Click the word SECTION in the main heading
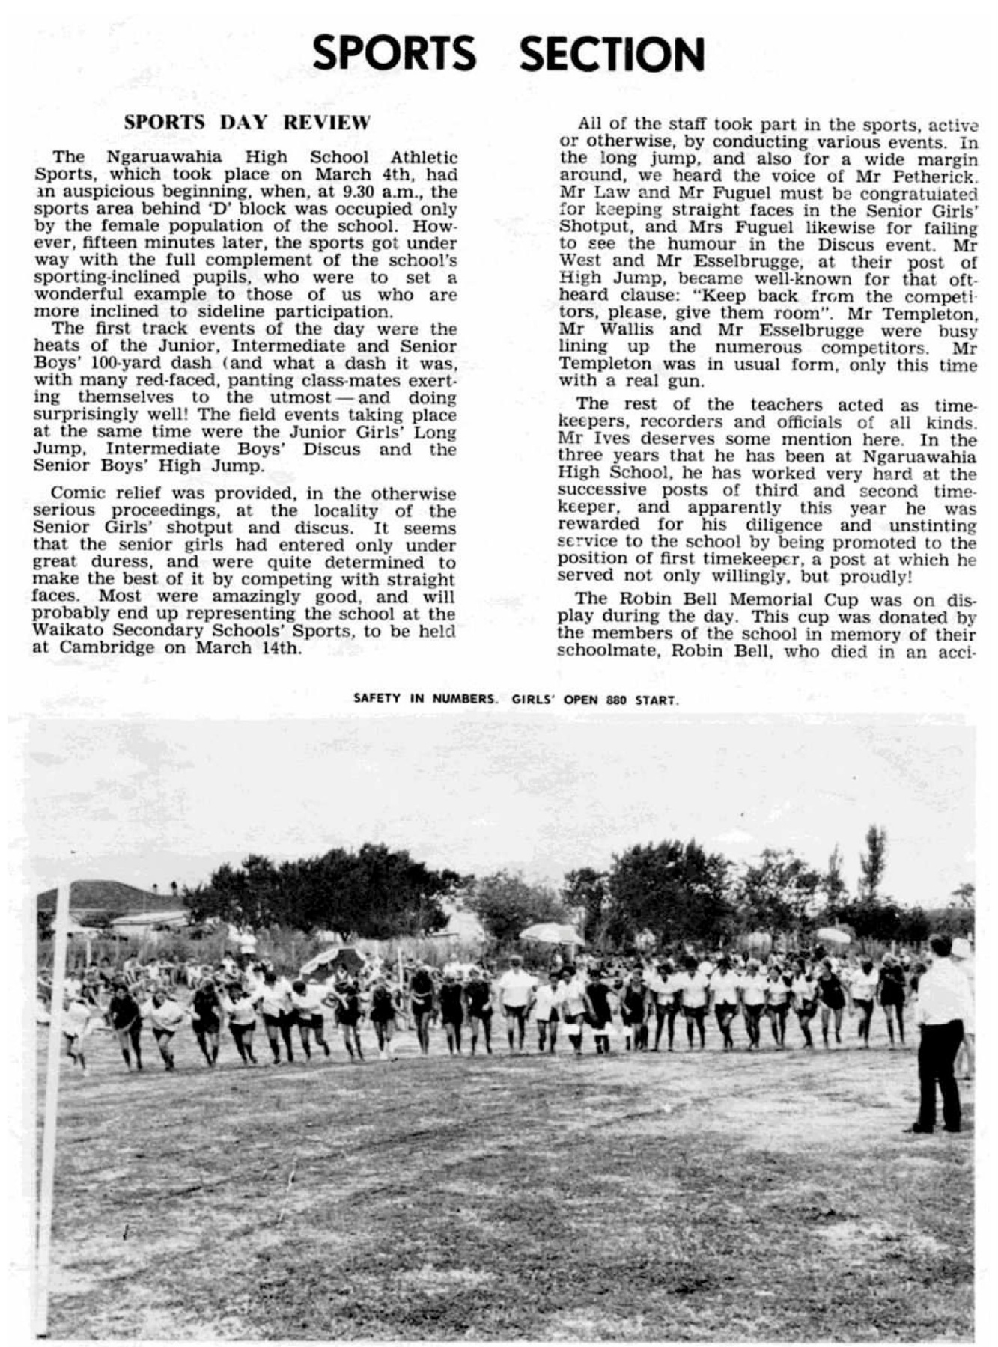click(x=612, y=54)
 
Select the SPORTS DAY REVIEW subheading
click(x=247, y=123)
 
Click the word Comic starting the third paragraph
click(x=76, y=494)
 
